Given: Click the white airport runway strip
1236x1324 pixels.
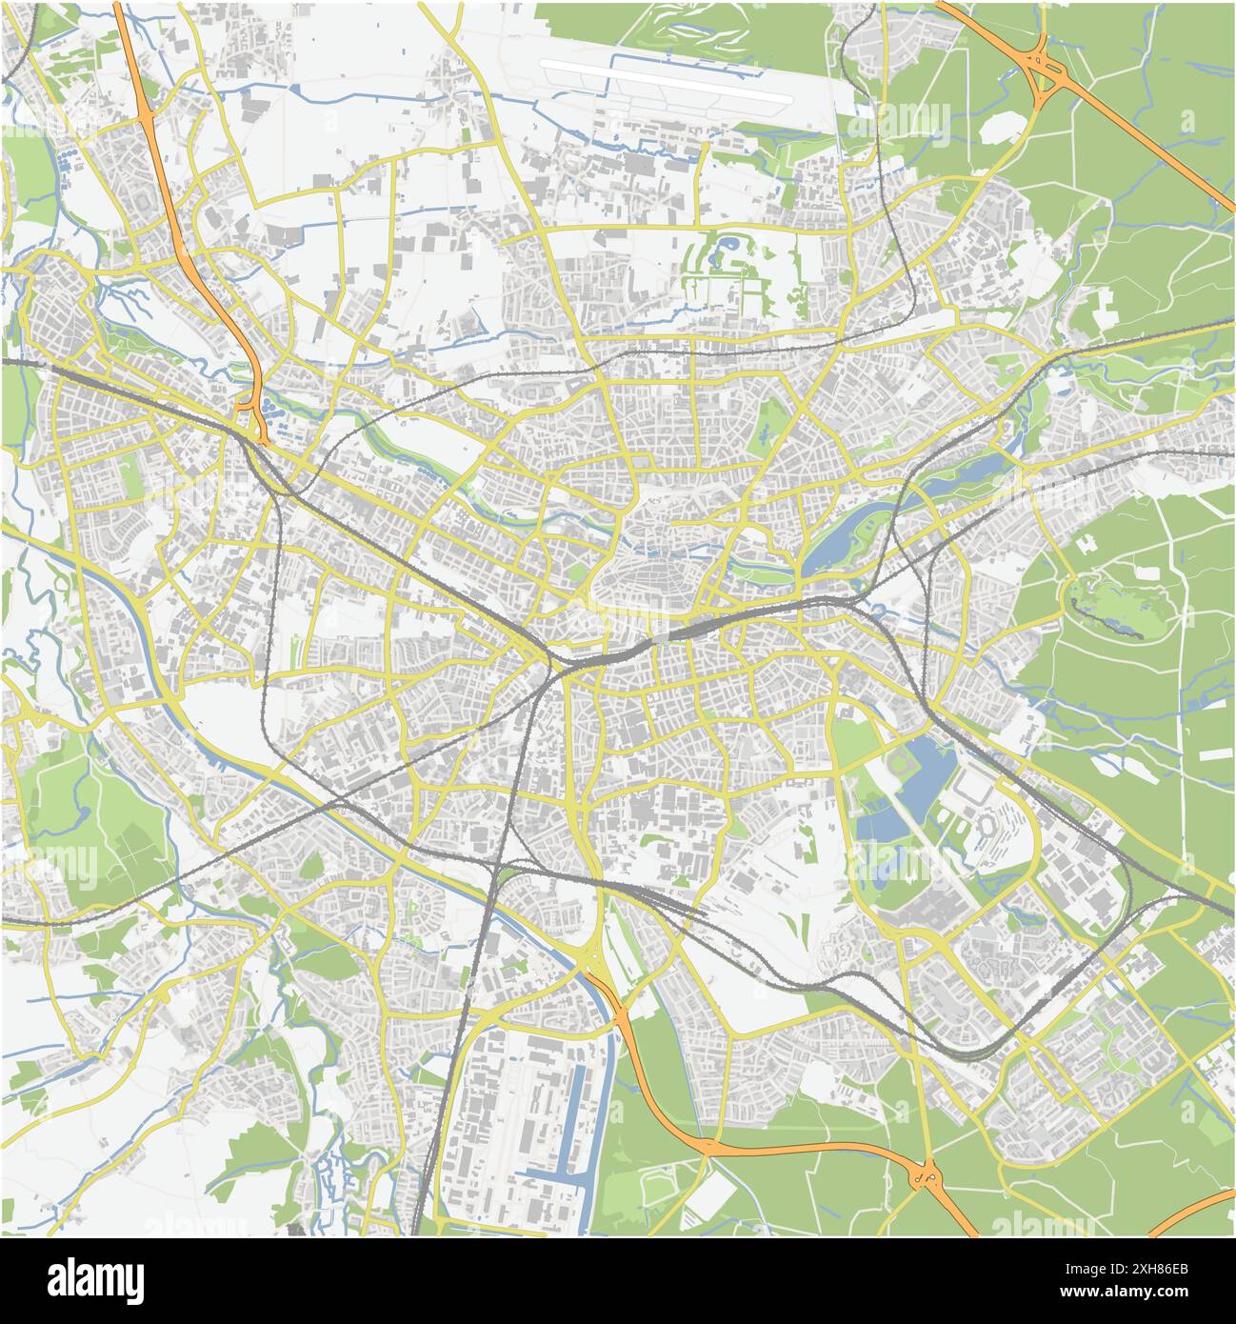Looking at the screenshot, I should pos(667,81).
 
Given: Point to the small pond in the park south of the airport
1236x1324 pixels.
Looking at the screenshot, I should pos(728,250).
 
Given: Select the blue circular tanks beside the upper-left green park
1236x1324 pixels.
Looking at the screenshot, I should pos(69,157).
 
